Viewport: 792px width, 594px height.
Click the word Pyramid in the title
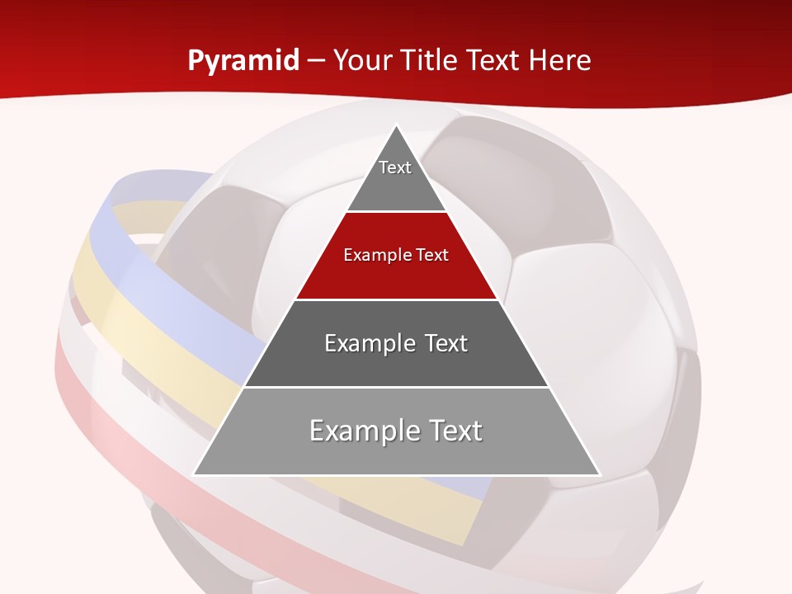(x=243, y=61)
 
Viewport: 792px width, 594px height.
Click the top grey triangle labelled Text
(x=396, y=177)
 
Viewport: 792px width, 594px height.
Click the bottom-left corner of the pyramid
(x=195, y=474)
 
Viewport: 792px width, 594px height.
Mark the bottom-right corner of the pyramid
(x=598, y=474)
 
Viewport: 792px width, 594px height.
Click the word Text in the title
(x=493, y=61)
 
